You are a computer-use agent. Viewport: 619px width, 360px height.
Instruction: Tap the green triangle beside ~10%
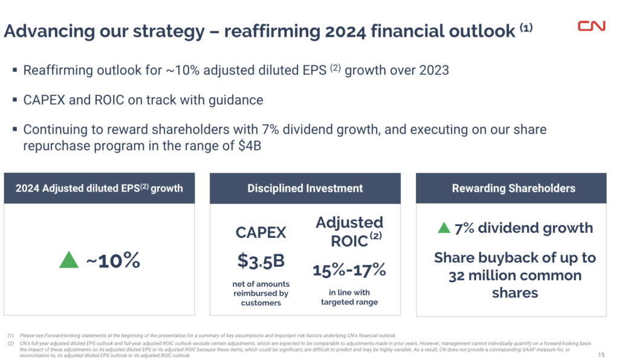(70, 260)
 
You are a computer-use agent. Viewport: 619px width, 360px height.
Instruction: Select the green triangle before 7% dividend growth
(444, 228)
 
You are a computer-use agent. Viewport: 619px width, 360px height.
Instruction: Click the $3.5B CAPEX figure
(261, 261)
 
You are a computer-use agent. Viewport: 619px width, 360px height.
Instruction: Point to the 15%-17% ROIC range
(349, 269)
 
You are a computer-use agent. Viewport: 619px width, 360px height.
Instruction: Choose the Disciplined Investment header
(305, 188)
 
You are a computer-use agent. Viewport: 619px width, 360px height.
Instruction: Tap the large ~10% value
(113, 260)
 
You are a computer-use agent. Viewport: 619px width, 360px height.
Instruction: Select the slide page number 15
(600, 355)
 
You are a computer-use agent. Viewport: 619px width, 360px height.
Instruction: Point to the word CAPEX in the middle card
(261, 233)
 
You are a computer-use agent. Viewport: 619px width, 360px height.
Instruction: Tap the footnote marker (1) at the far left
(11, 335)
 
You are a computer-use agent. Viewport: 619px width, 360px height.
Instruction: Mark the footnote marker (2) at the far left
(11, 342)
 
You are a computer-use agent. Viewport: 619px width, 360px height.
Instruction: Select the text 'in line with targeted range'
(349, 297)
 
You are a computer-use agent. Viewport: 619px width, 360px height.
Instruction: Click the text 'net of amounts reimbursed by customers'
(261, 293)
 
